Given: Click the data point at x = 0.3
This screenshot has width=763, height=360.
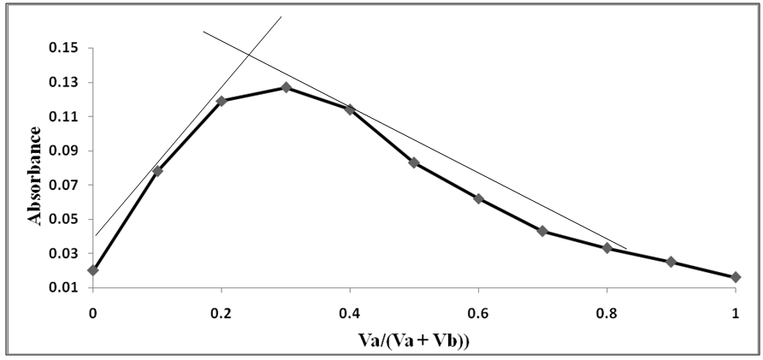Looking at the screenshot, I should click(x=286, y=87).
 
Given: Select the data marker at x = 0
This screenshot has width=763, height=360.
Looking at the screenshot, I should click(x=92, y=270).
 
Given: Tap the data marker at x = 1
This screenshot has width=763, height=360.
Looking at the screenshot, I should click(x=736, y=277).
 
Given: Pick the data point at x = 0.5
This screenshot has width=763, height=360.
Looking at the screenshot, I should click(x=414, y=162).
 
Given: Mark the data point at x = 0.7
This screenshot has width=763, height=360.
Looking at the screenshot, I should click(x=542, y=231).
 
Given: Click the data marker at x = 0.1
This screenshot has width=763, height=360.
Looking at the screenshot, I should click(x=157, y=171).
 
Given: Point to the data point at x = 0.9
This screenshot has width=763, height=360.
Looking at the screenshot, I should click(x=671, y=262).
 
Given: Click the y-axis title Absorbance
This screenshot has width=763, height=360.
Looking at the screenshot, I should click(x=35, y=175).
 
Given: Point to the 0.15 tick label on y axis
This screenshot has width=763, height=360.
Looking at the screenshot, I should click(x=65, y=49).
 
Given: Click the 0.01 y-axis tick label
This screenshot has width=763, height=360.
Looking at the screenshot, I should click(x=65, y=288).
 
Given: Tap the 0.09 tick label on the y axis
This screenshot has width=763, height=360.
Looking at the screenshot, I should click(x=65, y=151).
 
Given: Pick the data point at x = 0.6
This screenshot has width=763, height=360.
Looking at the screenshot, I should click(x=478, y=198).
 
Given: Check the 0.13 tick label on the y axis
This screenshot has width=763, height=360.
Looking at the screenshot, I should click(x=65, y=83).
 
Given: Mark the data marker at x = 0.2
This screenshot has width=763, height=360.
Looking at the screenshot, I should click(x=222, y=101).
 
